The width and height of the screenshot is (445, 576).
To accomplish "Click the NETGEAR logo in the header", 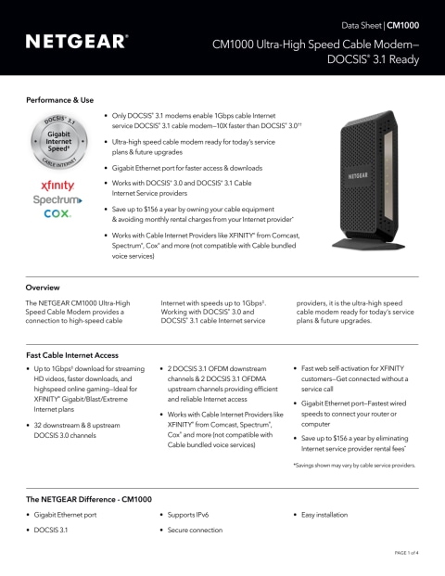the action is [76, 42].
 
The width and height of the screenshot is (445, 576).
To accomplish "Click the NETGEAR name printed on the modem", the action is [363, 173].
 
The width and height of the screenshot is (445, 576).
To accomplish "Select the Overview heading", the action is [43, 288].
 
